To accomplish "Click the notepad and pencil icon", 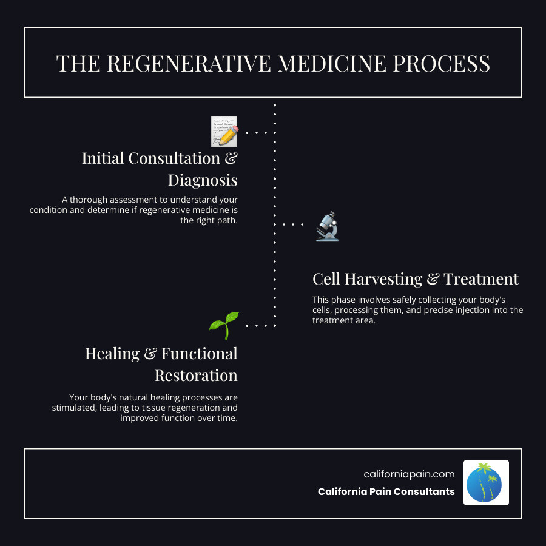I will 224,132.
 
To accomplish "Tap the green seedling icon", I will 224,326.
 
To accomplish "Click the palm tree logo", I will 486,482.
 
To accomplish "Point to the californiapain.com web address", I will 409,474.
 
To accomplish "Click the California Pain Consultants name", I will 386,491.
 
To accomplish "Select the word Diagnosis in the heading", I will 203,180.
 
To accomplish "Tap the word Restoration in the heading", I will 196,375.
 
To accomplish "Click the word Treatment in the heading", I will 481,279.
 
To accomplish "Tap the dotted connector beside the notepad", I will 260,132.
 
